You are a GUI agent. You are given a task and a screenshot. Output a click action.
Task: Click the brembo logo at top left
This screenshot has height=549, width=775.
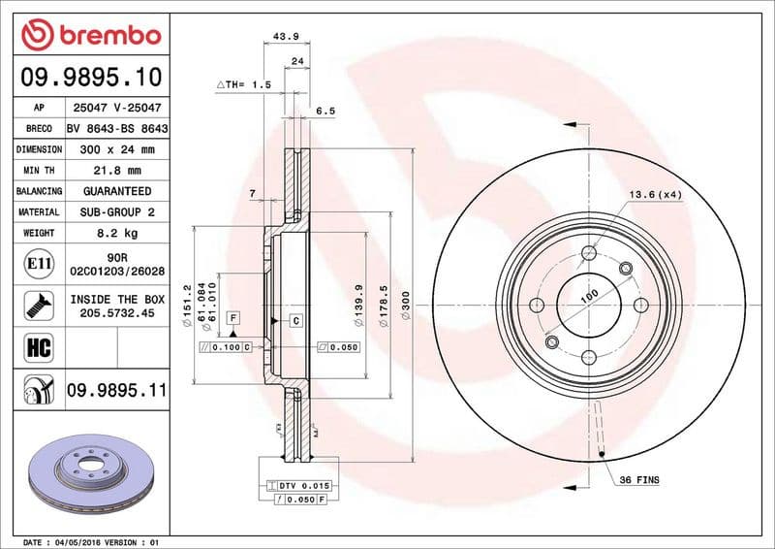pos(90,36)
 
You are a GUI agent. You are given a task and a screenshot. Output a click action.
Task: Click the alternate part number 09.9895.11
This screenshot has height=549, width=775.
pos(116,390)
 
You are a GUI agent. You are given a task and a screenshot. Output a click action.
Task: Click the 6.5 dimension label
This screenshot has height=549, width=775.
pos(325,112)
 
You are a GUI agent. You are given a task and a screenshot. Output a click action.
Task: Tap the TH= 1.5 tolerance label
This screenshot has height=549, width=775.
pos(243,85)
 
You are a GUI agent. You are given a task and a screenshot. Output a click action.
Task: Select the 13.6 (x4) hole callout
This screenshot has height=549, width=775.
pos(656,195)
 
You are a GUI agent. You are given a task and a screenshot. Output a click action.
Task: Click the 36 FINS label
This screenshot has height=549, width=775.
pos(639,480)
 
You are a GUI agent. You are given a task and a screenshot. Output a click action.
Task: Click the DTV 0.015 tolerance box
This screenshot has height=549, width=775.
pos(302,484)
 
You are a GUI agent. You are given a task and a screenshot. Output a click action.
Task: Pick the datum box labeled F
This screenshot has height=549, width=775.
pos(233,318)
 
